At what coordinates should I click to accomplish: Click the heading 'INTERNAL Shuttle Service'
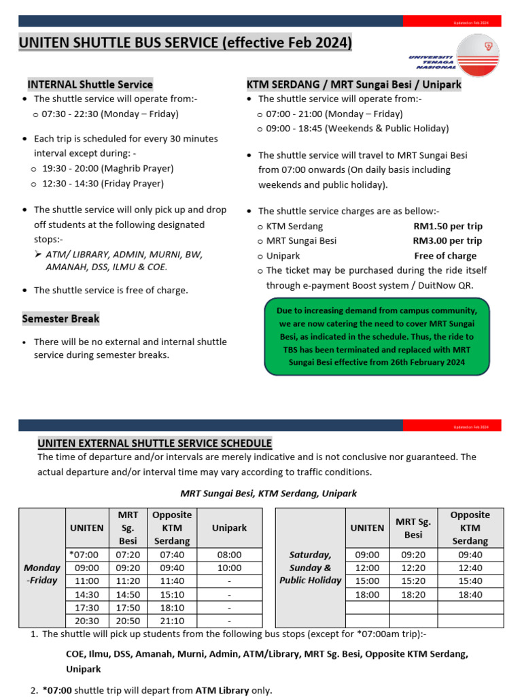(x=90, y=84)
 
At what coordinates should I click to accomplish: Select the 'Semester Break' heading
(x=60, y=318)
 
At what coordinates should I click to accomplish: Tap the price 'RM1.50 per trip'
(x=447, y=226)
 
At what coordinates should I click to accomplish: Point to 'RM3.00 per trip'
(x=447, y=240)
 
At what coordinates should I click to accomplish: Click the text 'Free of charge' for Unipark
(x=445, y=255)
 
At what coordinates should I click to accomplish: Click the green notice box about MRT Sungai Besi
(x=376, y=336)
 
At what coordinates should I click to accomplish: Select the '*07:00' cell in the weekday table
(x=85, y=555)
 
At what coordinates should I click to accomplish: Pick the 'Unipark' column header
(x=230, y=528)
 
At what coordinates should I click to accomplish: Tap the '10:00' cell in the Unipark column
(x=230, y=568)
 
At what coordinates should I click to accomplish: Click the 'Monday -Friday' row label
(x=42, y=574)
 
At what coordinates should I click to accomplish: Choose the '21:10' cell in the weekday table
(x=172, y=621)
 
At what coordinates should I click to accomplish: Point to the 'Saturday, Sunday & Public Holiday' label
(x=311, y=568)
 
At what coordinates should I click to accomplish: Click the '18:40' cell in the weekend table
(x=470, y=594)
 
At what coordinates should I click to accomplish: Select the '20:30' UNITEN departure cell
(x=86, y=621)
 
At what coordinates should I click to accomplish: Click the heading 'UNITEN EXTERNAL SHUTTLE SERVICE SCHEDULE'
(x=154, y=443)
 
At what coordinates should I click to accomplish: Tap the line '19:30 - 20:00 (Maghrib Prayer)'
(x=107, y=168)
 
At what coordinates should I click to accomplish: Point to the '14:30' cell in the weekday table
(x=86, y=594)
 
